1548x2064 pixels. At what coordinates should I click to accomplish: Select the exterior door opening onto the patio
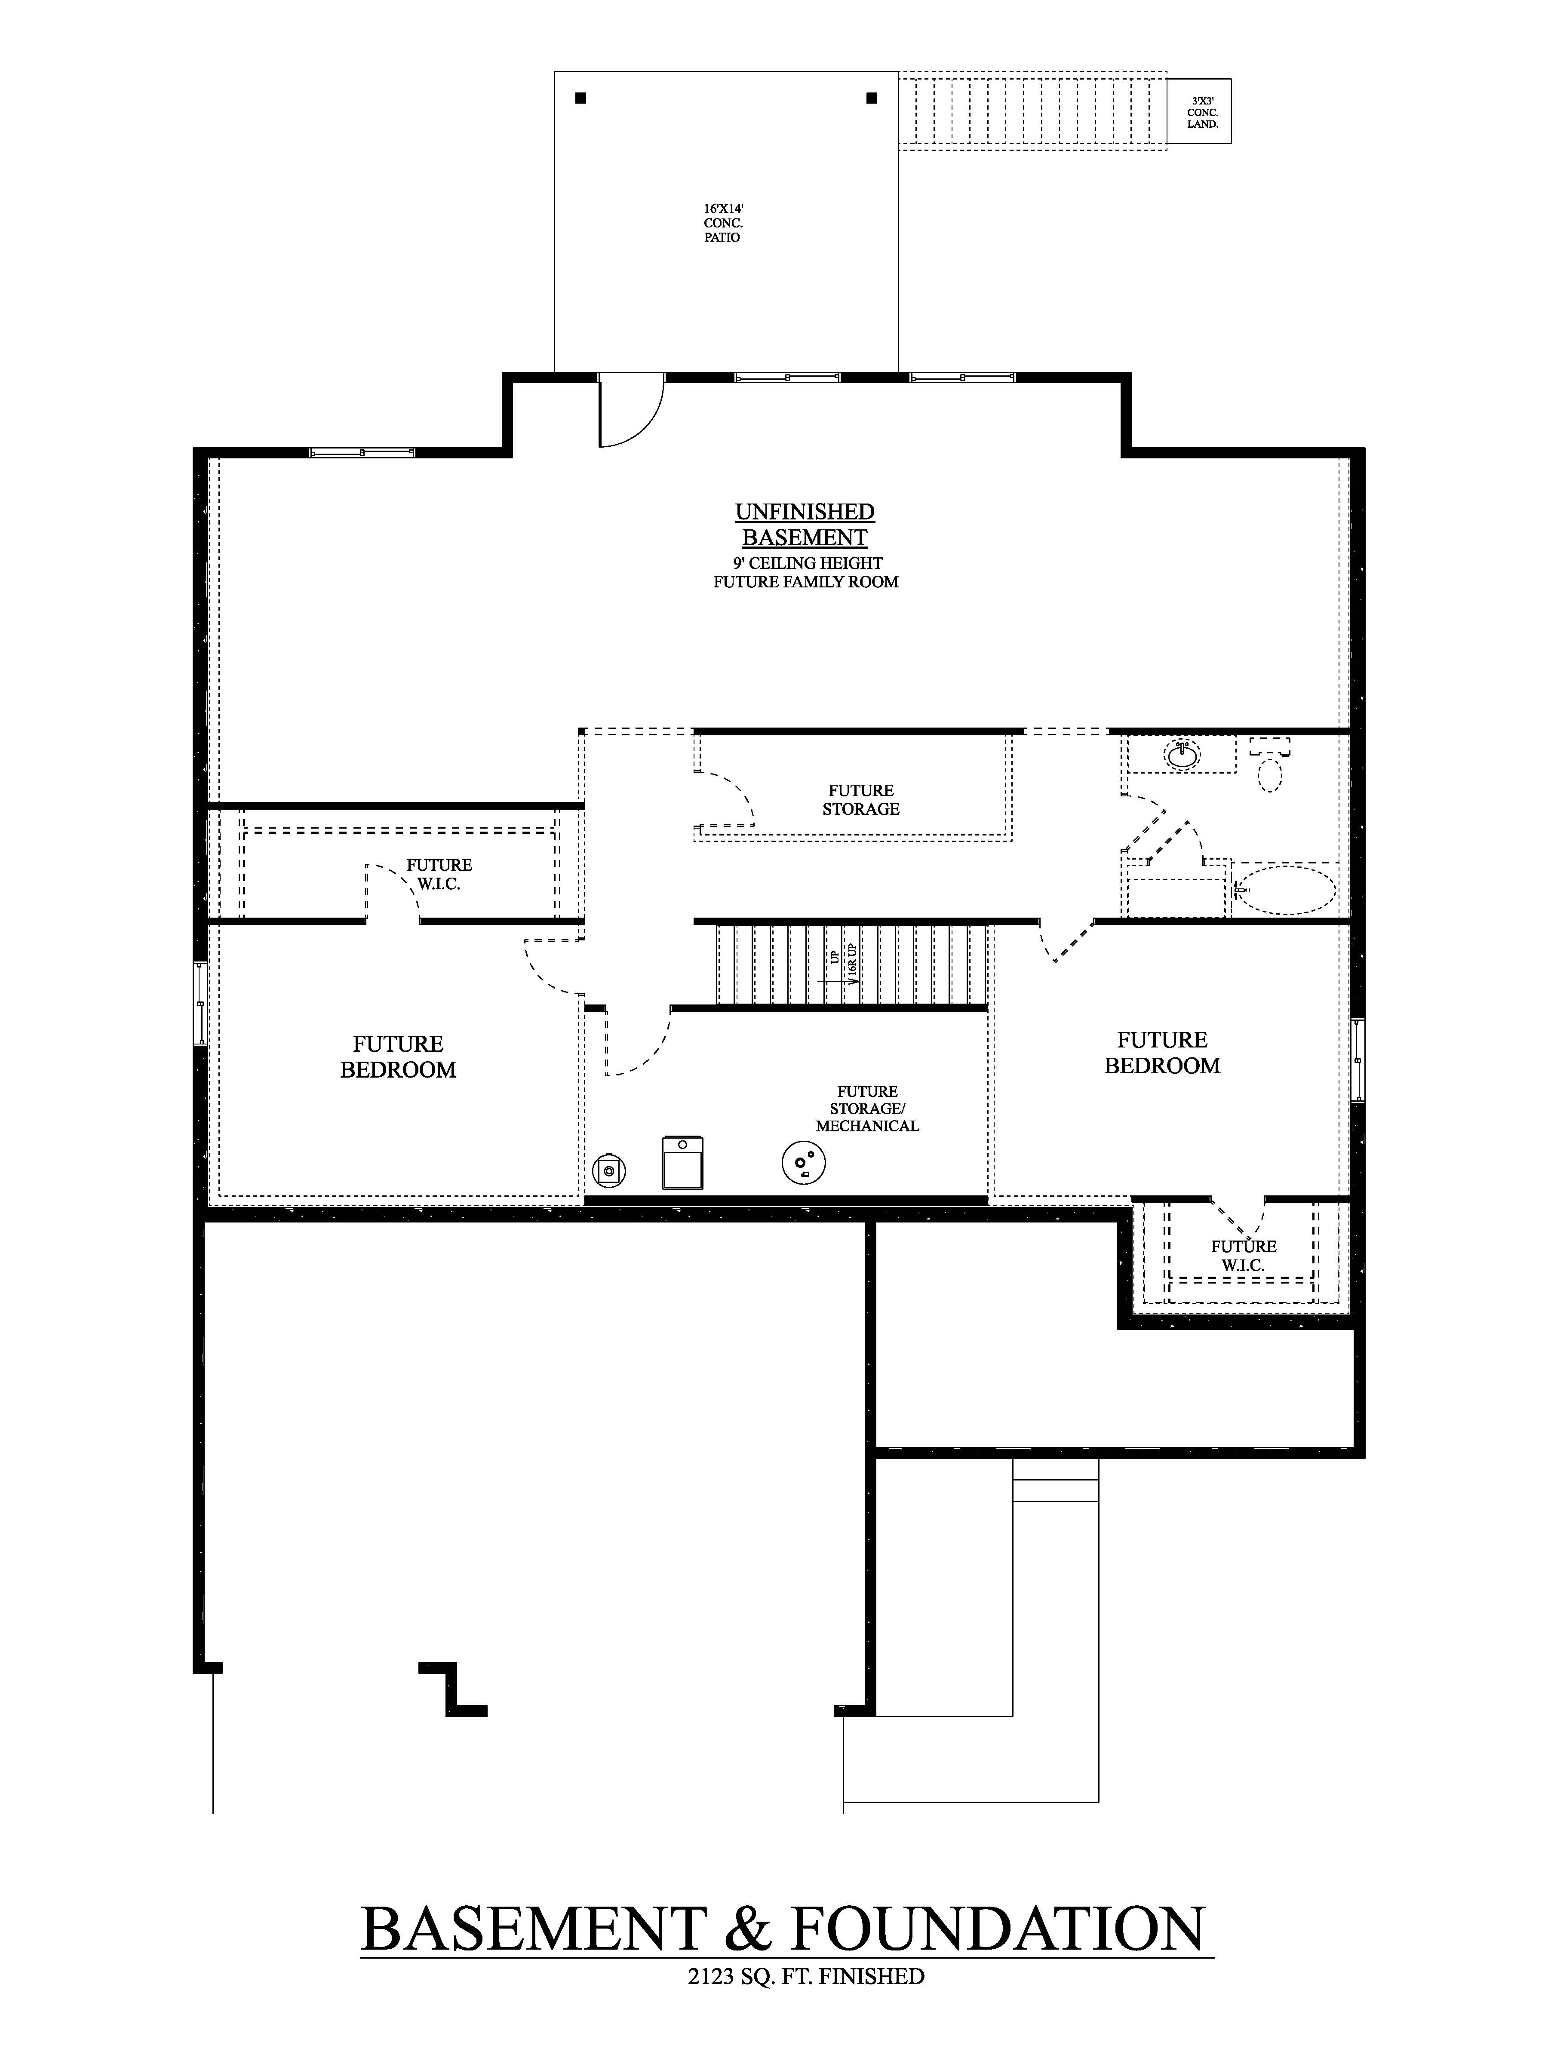[630, 411]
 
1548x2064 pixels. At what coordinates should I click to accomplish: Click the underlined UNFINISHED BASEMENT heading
[805, 525]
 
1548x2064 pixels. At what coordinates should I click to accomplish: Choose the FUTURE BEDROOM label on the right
[1162, 1053]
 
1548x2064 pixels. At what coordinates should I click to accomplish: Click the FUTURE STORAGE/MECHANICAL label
[867, 1109]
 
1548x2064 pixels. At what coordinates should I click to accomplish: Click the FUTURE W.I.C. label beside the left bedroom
[439, 874]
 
